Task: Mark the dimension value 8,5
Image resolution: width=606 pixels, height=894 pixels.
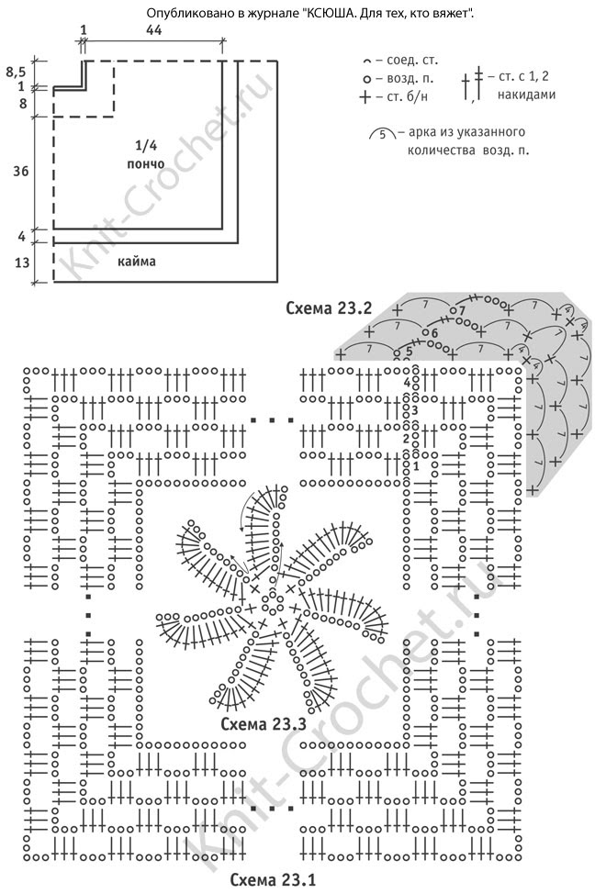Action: click(17, 70)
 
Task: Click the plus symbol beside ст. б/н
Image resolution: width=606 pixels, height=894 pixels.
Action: click(365, 96)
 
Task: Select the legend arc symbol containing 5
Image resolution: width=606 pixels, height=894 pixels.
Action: click(382, 134)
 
